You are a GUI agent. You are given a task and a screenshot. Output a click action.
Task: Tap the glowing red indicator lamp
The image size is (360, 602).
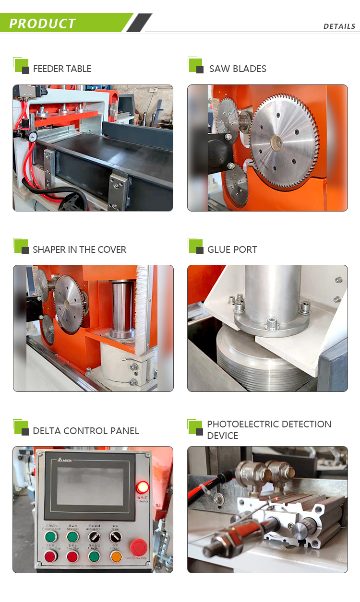pyautogui.click(x=143, y=487)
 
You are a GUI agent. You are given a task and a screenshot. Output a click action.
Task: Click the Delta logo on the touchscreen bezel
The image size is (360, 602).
pyautogui.click(x=64, y=460)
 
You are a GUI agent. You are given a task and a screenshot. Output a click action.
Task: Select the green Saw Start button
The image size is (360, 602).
pyautogui.click(x=72, y=536)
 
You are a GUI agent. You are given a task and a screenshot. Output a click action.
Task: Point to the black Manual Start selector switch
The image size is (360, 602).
pyautogui.click(x=94, y=536)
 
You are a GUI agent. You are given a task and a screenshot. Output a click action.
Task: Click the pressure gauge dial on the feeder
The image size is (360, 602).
pyautogui.click(x=33, y=137)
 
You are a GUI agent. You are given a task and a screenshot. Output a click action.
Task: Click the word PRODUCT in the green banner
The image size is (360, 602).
pyautogui.click(x=42, y=24)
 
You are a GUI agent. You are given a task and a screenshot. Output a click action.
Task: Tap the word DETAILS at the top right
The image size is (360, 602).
pyautogui.click(x=339, y=26)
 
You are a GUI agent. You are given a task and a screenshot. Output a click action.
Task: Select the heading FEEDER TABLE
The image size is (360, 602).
pyautogui.click(x=62, y=69)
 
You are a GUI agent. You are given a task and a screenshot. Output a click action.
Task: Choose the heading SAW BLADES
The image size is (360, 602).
pyautogui.click(x=238, y=69)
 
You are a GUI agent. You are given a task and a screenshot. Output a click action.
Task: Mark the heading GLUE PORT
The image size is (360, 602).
pyautogui.click(x=232, y=249)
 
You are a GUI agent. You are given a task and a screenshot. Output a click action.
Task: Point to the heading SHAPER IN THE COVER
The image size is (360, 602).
pyautogui.click(x=79, y=249)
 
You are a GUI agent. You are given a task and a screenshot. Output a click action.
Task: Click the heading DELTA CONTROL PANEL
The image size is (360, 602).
pyautogui.click(x=86, y=431)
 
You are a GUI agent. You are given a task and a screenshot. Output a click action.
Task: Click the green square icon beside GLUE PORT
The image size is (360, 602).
pyautogui.click(x=195, y=246)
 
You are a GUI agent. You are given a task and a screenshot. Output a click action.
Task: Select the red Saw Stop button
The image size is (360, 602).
pyautogui.click(x=72, y=556)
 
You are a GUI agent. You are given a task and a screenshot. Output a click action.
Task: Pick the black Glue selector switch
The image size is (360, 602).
pyautogui.click(x=116, y=536)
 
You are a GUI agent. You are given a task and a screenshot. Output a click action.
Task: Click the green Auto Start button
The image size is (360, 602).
pyautogui.click(x=94, y=556)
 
